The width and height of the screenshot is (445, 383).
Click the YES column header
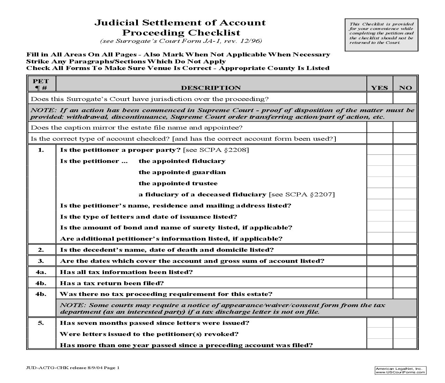point(379,88)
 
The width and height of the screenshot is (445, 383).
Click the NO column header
point(405,88)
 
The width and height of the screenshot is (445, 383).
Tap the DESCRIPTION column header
point(211,88)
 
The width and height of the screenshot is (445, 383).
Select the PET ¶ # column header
point(41,84)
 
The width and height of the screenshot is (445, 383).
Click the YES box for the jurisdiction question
point(379,99)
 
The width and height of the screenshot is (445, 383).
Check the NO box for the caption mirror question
point(405,127)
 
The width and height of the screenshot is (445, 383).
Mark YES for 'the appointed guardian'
point(379,172)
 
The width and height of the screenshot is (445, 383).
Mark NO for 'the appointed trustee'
point(405,183)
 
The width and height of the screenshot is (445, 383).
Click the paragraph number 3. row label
point(41,261)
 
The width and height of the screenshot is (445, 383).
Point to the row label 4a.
point(41,272)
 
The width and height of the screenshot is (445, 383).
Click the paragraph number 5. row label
point(41,323)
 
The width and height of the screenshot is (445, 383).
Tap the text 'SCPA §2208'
point(223,150)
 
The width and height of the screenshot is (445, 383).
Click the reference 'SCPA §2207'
point(309,194)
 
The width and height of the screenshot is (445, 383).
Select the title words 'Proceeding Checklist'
point(181,33)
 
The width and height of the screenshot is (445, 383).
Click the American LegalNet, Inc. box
point(400,370)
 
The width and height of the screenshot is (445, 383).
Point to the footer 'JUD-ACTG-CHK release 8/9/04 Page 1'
point(73,368)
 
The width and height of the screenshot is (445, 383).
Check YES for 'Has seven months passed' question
point(379,323)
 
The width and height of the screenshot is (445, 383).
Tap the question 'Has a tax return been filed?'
point(112,283)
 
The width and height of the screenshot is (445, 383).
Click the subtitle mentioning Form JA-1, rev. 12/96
point(181,41)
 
